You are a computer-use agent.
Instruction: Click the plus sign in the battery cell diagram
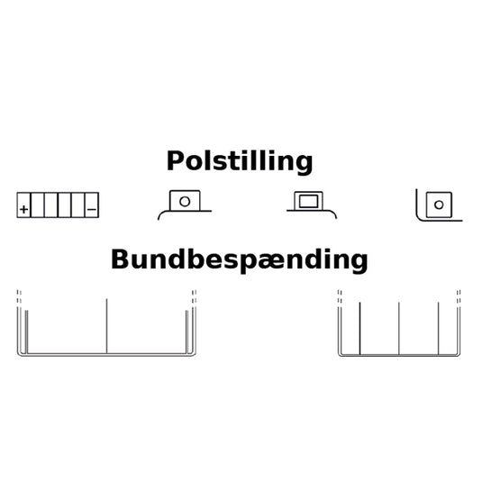tap(23, 209)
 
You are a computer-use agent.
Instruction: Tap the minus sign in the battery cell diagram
tap(92, 209)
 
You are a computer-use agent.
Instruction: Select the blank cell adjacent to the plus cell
tap(37, 205)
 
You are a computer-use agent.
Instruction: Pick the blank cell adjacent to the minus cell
tap(77, 205)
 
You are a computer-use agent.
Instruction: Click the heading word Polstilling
tap(240, 161)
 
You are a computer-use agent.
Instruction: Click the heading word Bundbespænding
tap(240, 260)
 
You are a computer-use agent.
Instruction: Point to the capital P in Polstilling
tap(175, 160)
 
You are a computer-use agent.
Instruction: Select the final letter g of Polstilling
tap(305, 166)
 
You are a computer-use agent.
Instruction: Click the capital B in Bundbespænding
tap(120, 259)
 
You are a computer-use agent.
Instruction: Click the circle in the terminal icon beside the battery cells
tap(185, 202)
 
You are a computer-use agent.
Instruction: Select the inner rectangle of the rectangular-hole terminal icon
tap(308, 201)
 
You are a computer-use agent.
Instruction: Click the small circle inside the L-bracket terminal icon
tap(439, 205)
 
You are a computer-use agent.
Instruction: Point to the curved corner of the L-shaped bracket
tap(418, 218)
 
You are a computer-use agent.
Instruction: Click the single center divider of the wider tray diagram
tap(106, 326)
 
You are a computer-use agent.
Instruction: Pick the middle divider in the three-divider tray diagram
tap(399, 328)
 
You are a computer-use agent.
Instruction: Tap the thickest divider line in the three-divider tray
tap(359, 328)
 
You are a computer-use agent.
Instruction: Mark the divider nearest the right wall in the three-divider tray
tap(439, 328)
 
